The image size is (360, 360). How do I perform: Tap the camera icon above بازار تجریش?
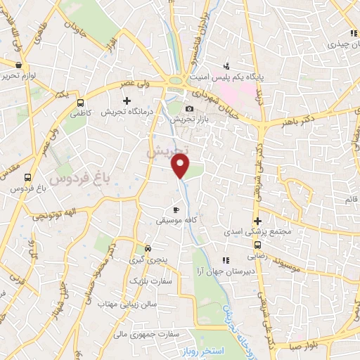tap(189, 108)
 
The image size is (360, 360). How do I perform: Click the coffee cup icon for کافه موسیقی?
tap(176, 210)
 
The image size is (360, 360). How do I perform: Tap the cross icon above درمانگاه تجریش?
tap(127, 101)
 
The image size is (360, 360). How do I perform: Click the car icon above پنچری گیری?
tap(148, 249)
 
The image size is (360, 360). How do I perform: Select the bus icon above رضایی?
tap(257, 245)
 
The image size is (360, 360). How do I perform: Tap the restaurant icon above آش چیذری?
tap(352, 33)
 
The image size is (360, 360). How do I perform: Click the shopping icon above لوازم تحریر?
tap(18, 65)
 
